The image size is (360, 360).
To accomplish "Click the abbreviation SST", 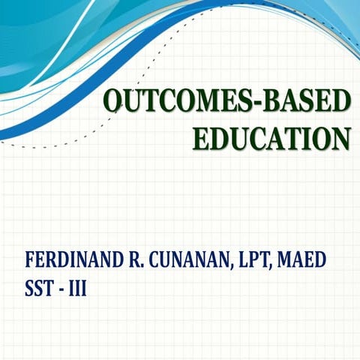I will [x=39, y=288].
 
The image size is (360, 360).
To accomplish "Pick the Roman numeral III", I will [x=78, y=288].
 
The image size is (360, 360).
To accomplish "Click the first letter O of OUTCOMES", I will [x=112, y=100].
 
